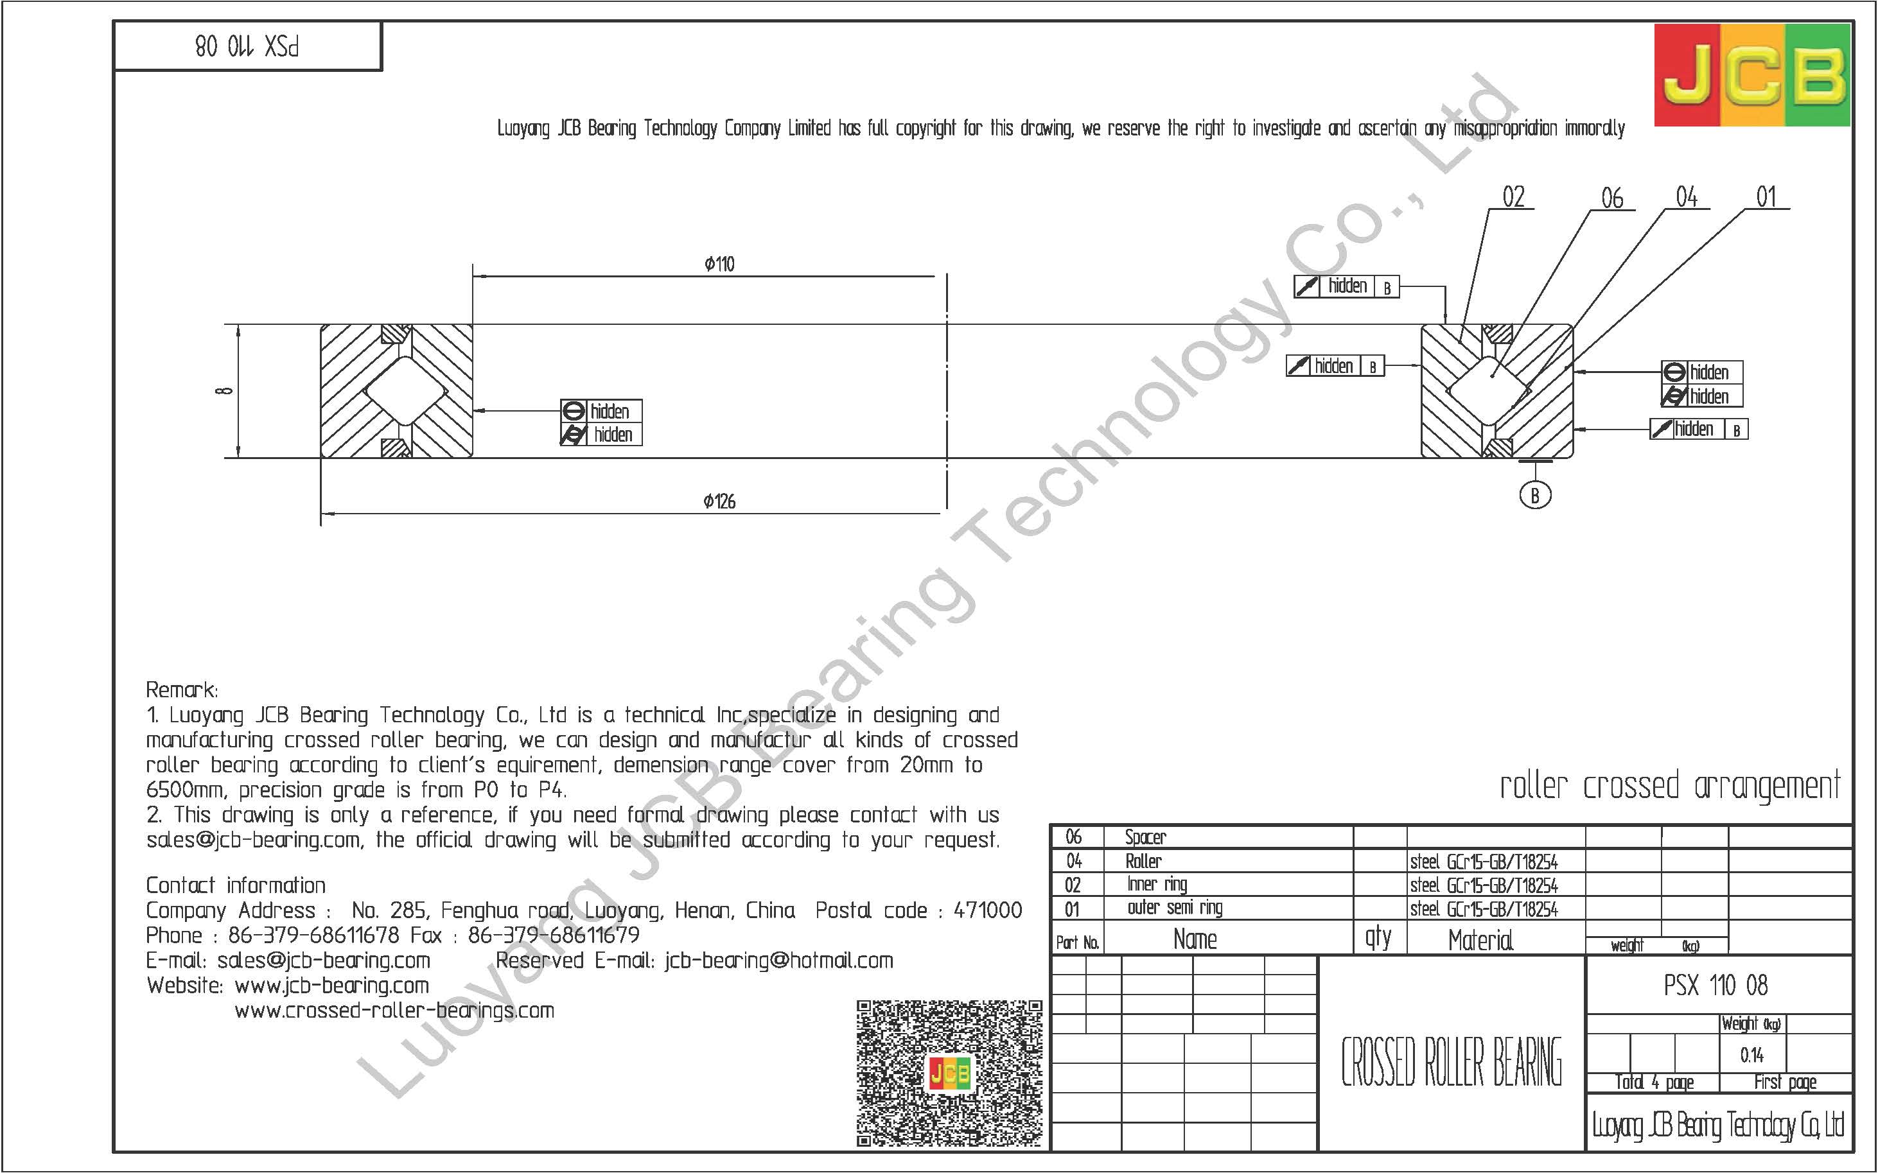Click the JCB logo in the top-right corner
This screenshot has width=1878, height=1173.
click(x=1752, y=75)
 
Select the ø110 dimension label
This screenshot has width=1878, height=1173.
click(x=719, y=265)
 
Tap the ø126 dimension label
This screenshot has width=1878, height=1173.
click(x=719, y=502)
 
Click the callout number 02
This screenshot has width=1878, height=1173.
click(x=1513, y=197)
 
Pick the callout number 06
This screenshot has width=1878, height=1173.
click(x=1613, y=198)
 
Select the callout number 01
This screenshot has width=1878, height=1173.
click(x=1766, y=197)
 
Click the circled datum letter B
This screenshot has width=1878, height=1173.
click(x=1535, y=495)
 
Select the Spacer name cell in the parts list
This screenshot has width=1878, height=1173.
click(x=1145, y=837)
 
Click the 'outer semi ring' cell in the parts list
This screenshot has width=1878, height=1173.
click(x=1175, y=908)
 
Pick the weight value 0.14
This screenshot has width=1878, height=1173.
click(x=1751, y=1055)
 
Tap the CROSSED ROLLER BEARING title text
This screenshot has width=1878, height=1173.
click(x=1451, y=1063)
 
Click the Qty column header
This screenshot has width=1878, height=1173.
click(x=1378, y=938)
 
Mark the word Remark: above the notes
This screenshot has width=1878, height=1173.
click(x=182, y=690)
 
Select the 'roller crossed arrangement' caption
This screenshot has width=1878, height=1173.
click(x=1669, y=786)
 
